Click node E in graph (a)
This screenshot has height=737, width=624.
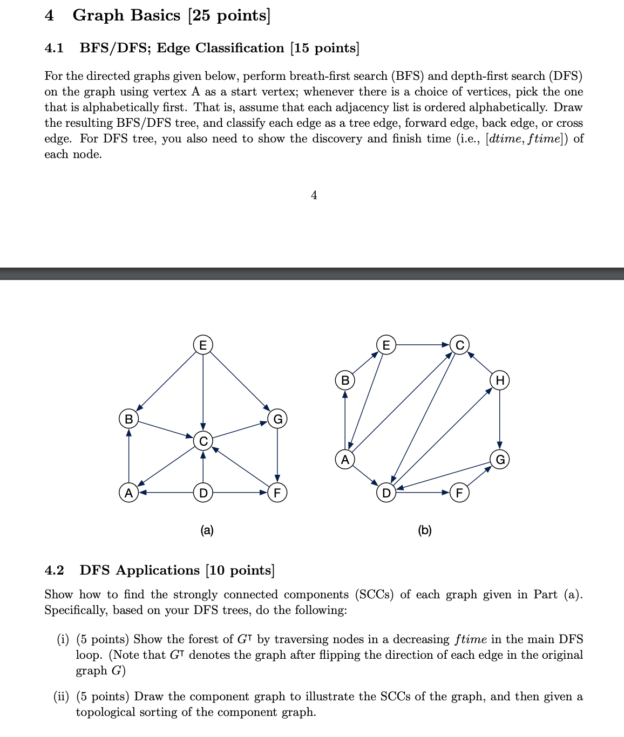pos(203,345)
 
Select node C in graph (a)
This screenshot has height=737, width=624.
pos(203,441)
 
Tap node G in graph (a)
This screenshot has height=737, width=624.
pos(277,419)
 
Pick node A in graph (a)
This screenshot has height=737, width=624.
pos(128,493)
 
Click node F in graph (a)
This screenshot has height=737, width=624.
pos(277,493)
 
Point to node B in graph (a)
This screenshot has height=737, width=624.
pos(128,419)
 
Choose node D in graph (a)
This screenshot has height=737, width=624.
pos(203,493)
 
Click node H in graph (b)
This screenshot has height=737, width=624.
pos(500,380)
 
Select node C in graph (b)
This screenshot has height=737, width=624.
pos(460,345)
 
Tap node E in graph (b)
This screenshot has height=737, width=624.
pos(385,345)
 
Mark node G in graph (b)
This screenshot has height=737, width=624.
pos(500,460)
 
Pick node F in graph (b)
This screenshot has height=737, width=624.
pos(460,493)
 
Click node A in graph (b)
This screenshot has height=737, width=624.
pos(345,460)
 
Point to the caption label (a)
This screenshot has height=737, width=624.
pos(207,530)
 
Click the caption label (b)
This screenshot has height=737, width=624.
pos(425,530)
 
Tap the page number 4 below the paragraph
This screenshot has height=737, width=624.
pos(314,195)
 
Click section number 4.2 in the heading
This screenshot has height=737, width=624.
pos(54,570)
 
